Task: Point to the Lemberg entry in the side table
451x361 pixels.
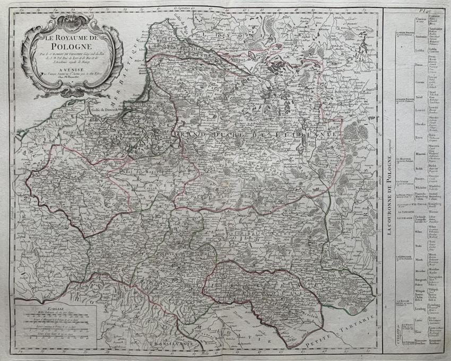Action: [x=419, y=307]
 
